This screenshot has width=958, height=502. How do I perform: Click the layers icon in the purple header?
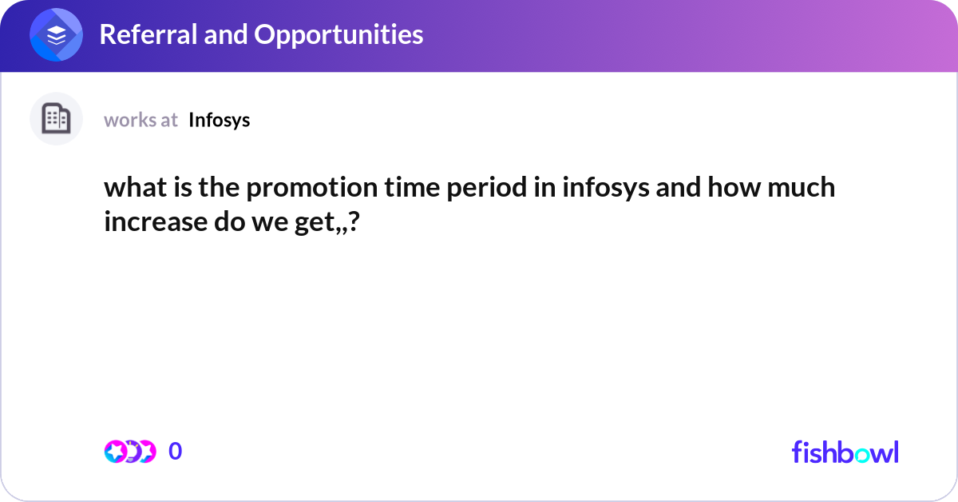[x=57, y=35]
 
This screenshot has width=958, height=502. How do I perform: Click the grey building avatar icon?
[x=56, y=119]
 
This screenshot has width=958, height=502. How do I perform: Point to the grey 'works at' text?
[x=141, y=120]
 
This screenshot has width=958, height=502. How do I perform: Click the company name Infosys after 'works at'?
[x=220, y=120]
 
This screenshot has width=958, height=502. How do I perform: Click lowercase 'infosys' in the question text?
[x=600, y=188]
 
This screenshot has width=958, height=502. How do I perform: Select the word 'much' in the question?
[x=802, y=188]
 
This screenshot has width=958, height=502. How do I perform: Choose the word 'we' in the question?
[x=284, y=221]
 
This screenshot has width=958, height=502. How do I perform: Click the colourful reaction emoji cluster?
[x=129, y=452]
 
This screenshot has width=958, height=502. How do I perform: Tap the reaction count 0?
[x=176, y=452]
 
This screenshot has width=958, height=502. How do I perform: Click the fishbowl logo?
[x=845, y=452]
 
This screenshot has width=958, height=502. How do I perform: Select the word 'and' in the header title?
[x=221, y=34]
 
